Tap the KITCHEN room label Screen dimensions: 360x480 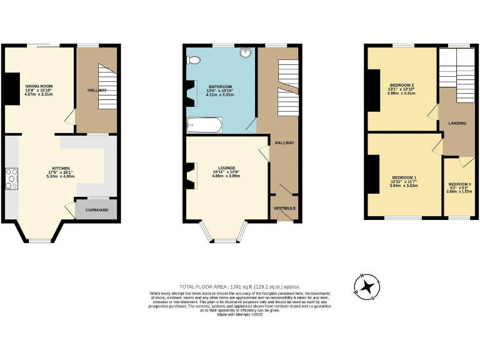pyautogui.click(x=60, y=168)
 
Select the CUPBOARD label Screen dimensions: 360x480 pyautogui.click(x=96, y=210)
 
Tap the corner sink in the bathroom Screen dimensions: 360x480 pyautogui.click(x=246, y=54)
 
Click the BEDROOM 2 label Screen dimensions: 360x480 pyautogui.click(x=402, y=85)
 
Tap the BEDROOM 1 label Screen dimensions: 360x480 pyautogui.click(x=403, y=177)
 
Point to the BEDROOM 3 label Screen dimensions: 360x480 pyautogui.click(x=459, y=184)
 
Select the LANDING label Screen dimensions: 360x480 pyautogui.click(x=457, y=123)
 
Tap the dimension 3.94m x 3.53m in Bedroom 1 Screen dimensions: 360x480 pyautogui.click(x=403, y=186)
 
